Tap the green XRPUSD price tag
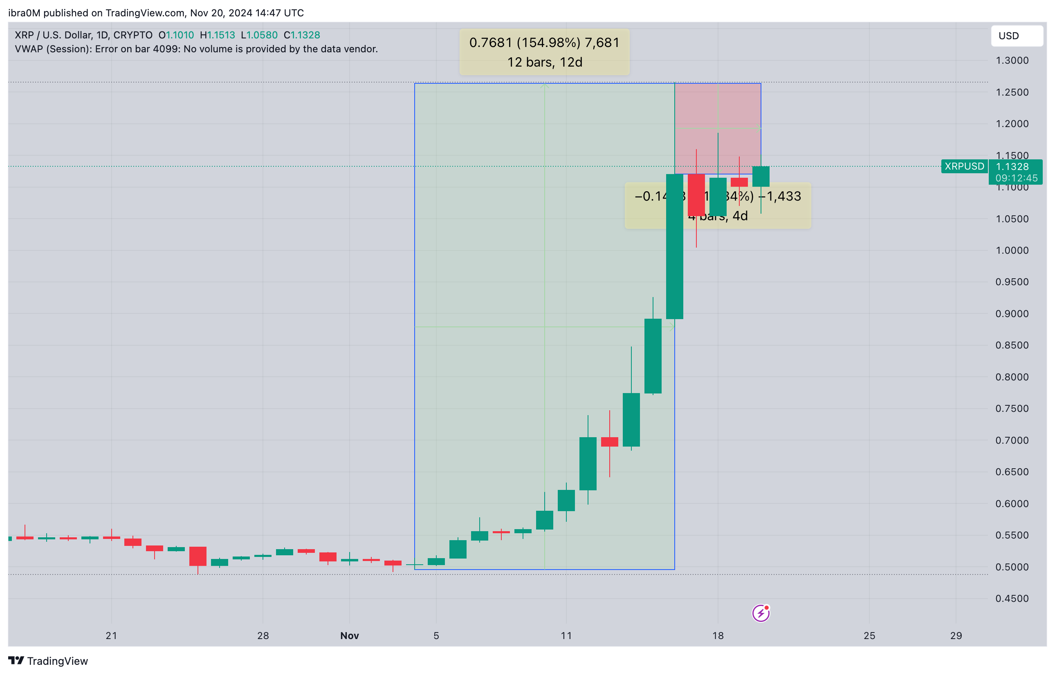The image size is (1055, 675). [x=964, y=166]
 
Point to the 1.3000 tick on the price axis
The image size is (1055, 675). [x=1011, y=60]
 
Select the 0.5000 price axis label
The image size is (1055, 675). [x=1011, y=567]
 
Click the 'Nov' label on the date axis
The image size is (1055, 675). [x=349, y=635]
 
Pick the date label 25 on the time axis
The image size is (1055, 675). [x=869, y=635]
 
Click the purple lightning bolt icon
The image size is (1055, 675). [x=760, y=613]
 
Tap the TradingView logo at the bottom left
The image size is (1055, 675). [x=48, y=661]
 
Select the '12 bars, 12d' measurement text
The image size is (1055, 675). [x=544, y=62]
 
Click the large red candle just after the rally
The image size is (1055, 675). [x=696, y=195]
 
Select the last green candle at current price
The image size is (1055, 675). [x=760, y=176]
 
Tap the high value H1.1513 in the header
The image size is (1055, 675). [x=217, y=35]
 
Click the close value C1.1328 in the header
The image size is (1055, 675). [x=301, y=35]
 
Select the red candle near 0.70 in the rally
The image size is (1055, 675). [x=609, y=441]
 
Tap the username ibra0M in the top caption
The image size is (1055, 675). [x=24, y=13]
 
